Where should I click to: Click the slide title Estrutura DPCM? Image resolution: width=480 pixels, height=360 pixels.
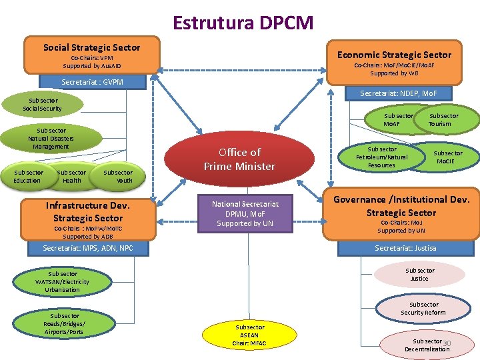(x=243, y=23)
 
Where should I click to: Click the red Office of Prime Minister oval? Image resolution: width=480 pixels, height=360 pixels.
(x=239, y=159)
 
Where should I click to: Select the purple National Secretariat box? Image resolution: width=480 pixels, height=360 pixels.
(x=245, y=213)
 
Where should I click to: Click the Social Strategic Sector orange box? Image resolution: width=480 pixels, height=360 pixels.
(x=92, y=55)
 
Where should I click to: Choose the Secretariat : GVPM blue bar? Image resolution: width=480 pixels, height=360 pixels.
(x=92, y=83)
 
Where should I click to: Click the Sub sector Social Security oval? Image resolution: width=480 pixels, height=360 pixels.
(x=43, y=105)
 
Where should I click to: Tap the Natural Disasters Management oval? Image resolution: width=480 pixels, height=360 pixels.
(x=52, y=138)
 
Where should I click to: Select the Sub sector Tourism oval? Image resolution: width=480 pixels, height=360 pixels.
(x=443, y=120)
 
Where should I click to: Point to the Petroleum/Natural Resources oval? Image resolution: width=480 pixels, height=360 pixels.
(x=382, y=157)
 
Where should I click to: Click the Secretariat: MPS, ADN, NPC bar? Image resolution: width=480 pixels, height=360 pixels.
(x=88, y=249)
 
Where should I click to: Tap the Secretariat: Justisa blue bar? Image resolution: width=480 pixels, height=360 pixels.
(x=405, y=248)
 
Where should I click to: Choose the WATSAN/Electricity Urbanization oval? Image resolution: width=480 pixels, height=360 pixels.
(x=63, y=281)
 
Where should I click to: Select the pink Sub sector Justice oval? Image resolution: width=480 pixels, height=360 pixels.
(x=419, y=275)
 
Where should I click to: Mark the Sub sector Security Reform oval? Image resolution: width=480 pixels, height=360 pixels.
(x=423, y=309)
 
